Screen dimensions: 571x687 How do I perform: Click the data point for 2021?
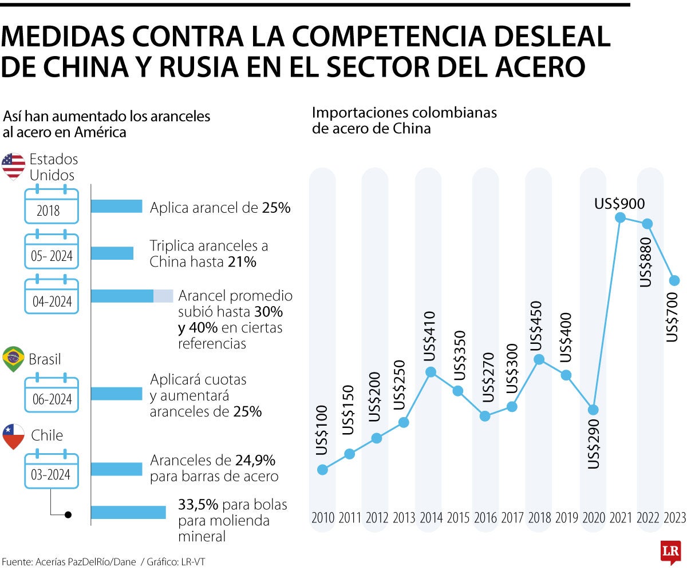pos(620,217)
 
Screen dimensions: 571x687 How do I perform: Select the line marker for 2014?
pos(431,372)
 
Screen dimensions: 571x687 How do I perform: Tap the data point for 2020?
pos(593,410)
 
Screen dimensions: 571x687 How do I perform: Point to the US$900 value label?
pos(619,203)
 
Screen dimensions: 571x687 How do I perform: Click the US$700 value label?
pos(673,317)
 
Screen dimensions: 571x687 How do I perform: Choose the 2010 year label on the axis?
pos(323,518)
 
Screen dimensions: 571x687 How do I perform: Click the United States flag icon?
pos(13,165)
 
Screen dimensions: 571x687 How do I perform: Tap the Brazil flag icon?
pos(13,359)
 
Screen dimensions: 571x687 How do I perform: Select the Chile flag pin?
pos(13,436)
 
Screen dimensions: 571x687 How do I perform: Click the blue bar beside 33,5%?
pos(128,513)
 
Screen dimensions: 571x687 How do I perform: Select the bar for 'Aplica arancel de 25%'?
pos(116,207)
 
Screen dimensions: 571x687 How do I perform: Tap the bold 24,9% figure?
pos(255,460)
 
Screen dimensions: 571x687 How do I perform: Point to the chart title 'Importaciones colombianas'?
pos(404,112)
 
